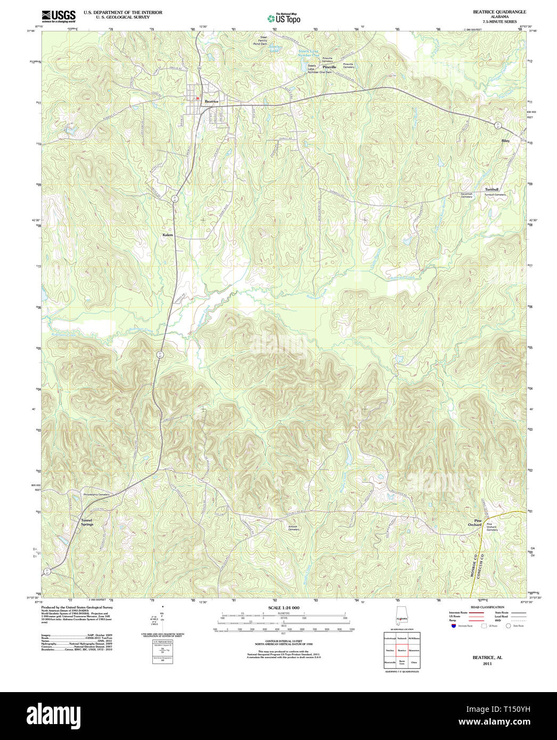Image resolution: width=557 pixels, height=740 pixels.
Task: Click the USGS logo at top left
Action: (59, 15)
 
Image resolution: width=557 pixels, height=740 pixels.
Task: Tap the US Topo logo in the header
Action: (284, 19)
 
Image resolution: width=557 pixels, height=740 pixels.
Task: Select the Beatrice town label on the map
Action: (212, 101)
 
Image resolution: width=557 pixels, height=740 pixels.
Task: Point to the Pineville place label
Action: (329, 67)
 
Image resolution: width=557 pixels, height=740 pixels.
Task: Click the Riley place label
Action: (505, 141)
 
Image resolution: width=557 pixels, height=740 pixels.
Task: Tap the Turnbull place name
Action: (491, 190)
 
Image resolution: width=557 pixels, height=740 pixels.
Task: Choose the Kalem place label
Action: (168, 235)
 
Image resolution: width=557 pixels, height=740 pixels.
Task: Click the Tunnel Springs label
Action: (87, 522)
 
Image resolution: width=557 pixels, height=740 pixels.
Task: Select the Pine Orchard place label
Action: (474, 523)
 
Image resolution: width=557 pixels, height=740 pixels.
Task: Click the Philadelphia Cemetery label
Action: (96, 495)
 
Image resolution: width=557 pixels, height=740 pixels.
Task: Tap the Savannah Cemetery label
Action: (466, 195)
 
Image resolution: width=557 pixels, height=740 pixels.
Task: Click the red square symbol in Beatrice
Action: (197, 98)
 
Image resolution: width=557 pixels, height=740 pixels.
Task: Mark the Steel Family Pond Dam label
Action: (263, 40)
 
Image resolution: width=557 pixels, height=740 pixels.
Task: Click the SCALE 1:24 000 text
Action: (283, 607)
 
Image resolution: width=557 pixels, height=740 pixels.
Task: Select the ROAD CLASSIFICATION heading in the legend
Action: (487, 607)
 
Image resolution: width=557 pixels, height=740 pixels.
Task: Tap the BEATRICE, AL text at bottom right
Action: (487, 657)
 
